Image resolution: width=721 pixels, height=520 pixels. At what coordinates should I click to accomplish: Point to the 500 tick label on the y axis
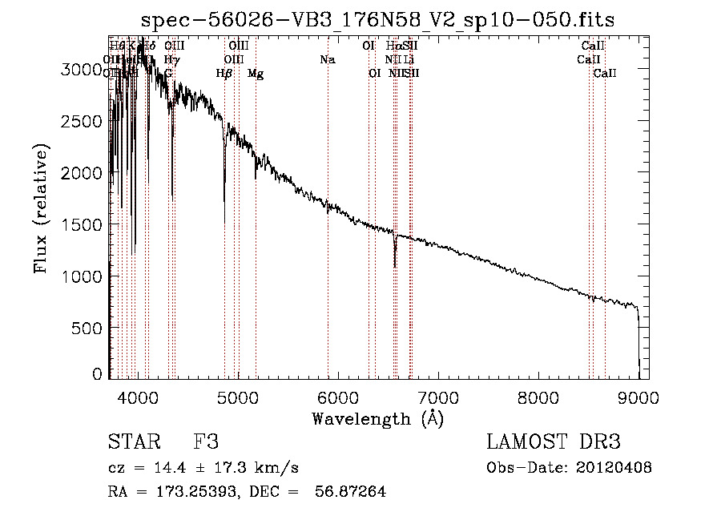pyautogui.click(x=87, y=328)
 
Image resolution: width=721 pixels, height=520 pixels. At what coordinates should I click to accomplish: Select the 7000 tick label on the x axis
pyautogui.click(x=437, y=395)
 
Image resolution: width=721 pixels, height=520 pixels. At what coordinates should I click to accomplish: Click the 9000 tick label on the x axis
pyautogui.click(x=638, y=395)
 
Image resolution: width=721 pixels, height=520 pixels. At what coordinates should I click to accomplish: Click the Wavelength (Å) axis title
pyautogui.click(x=377, y=417)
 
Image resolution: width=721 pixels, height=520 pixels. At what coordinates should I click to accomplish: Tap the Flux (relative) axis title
pyautogui.click(x=42, y=208)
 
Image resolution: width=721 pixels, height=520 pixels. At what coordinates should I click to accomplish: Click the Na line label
pyautogui.click(x=327, y=60)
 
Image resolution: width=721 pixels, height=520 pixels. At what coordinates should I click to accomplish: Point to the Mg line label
pyautogui.click(x=256, y=74)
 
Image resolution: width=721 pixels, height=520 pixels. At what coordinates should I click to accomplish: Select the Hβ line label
pyautogui.click(x=224, y=74)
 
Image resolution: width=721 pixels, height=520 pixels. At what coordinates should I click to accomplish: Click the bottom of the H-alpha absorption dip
pyautogui.click(x=395, y=265)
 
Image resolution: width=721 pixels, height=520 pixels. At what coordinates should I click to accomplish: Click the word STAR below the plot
pyautogui.click(x=131, y=442)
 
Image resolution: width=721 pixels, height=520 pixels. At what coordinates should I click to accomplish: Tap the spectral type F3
pyautogui.click(x=206, y=442)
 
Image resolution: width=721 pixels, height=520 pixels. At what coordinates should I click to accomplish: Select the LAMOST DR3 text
pyautogui.click(x=554, y=442)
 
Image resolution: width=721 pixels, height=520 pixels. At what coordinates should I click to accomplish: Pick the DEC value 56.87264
pyautogui.click(x=348, y=492)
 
